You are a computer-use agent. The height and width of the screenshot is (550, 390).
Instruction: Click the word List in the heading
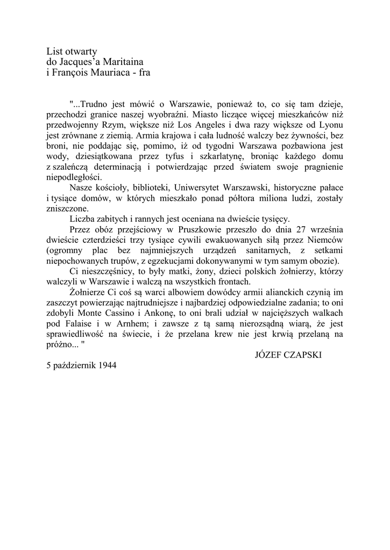(54, 52)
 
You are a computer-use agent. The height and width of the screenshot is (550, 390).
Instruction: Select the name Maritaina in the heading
(123, 62)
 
